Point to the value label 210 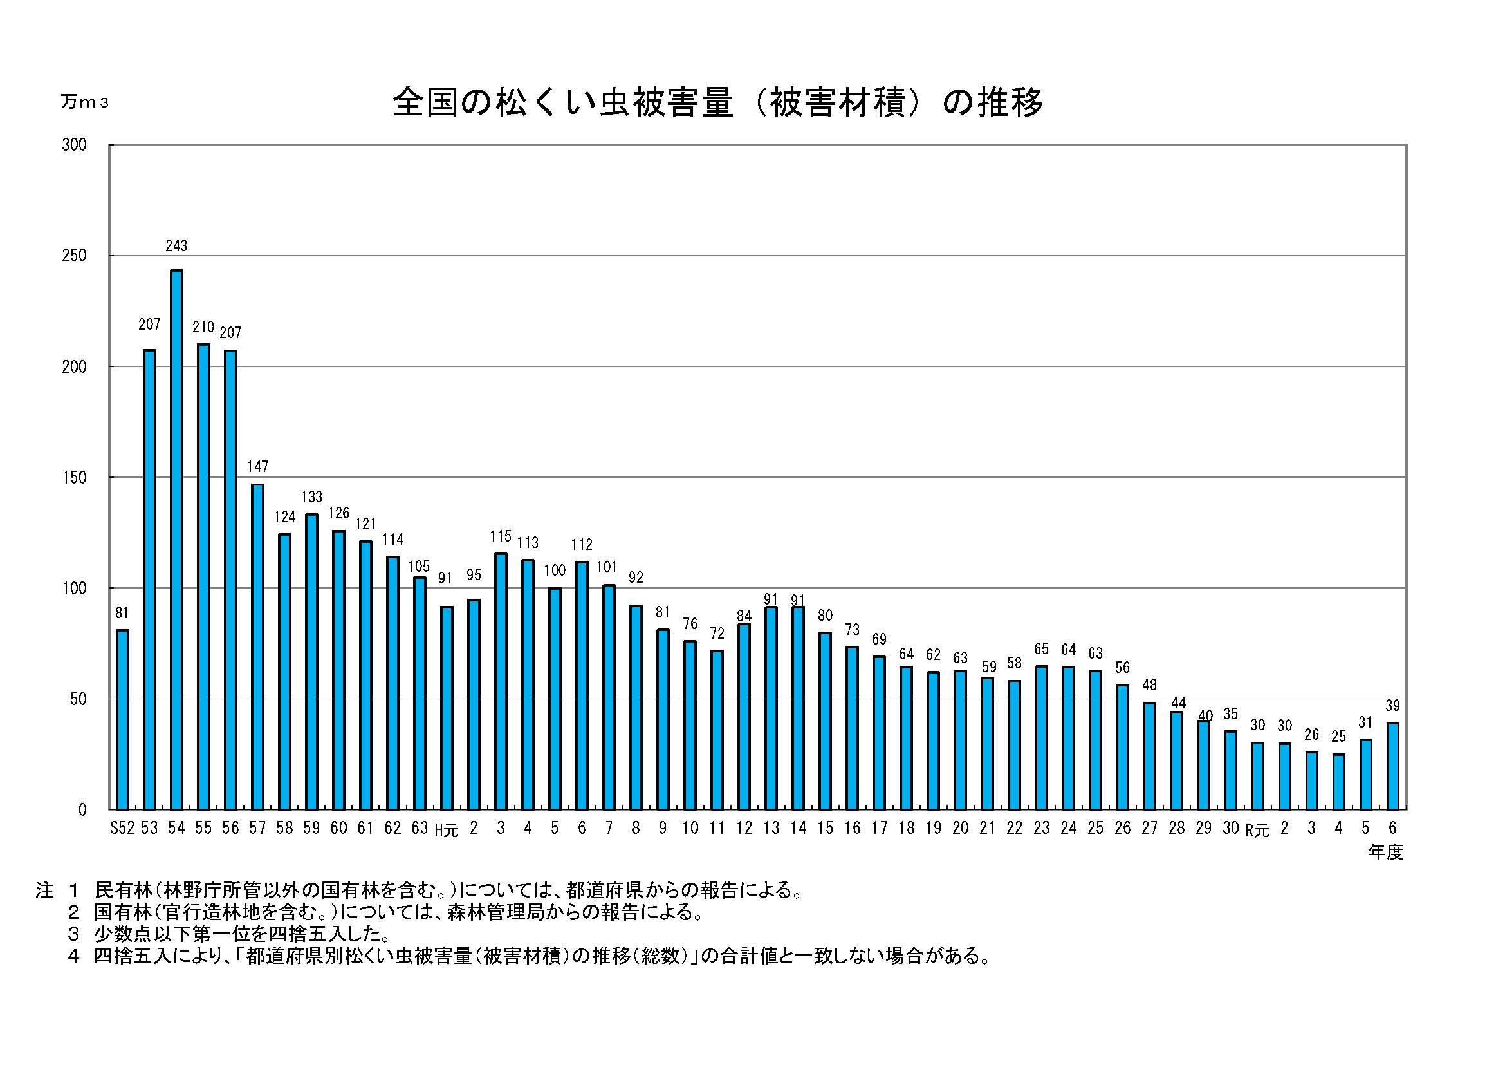203,327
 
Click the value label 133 311,497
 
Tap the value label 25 1338,737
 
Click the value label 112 582,544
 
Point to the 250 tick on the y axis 74,256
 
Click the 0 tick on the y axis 82,810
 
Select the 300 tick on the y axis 74,145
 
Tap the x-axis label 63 420,828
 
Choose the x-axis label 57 257,828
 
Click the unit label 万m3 84,102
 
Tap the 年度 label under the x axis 1385,853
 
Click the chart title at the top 718,103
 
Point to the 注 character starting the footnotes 44,891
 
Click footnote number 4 73,956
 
